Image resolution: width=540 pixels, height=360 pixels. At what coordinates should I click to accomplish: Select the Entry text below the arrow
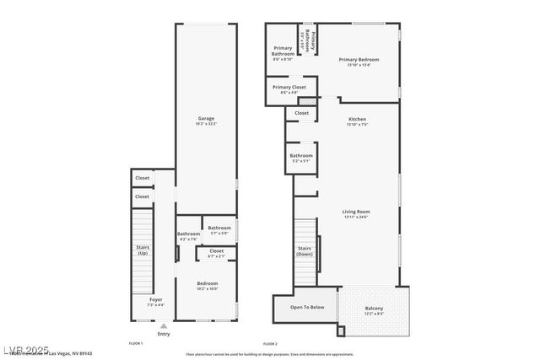[x=164, y=334]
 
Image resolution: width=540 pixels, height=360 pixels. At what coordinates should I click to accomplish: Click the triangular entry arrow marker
[x=164, y=325]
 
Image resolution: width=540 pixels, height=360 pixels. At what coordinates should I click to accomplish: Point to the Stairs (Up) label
[x=143, y=250]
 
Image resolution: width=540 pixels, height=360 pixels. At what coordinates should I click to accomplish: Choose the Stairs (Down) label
[x=305, y=250]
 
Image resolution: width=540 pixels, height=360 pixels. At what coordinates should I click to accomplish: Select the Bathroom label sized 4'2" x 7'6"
[x=188, y=236]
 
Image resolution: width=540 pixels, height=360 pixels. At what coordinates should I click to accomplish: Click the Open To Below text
[x=307, y=307]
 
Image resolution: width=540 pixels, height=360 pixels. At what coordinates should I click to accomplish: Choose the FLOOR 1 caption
[x=135, y=344]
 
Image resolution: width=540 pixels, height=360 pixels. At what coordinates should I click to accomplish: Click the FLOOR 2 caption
[x=270, y=344]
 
